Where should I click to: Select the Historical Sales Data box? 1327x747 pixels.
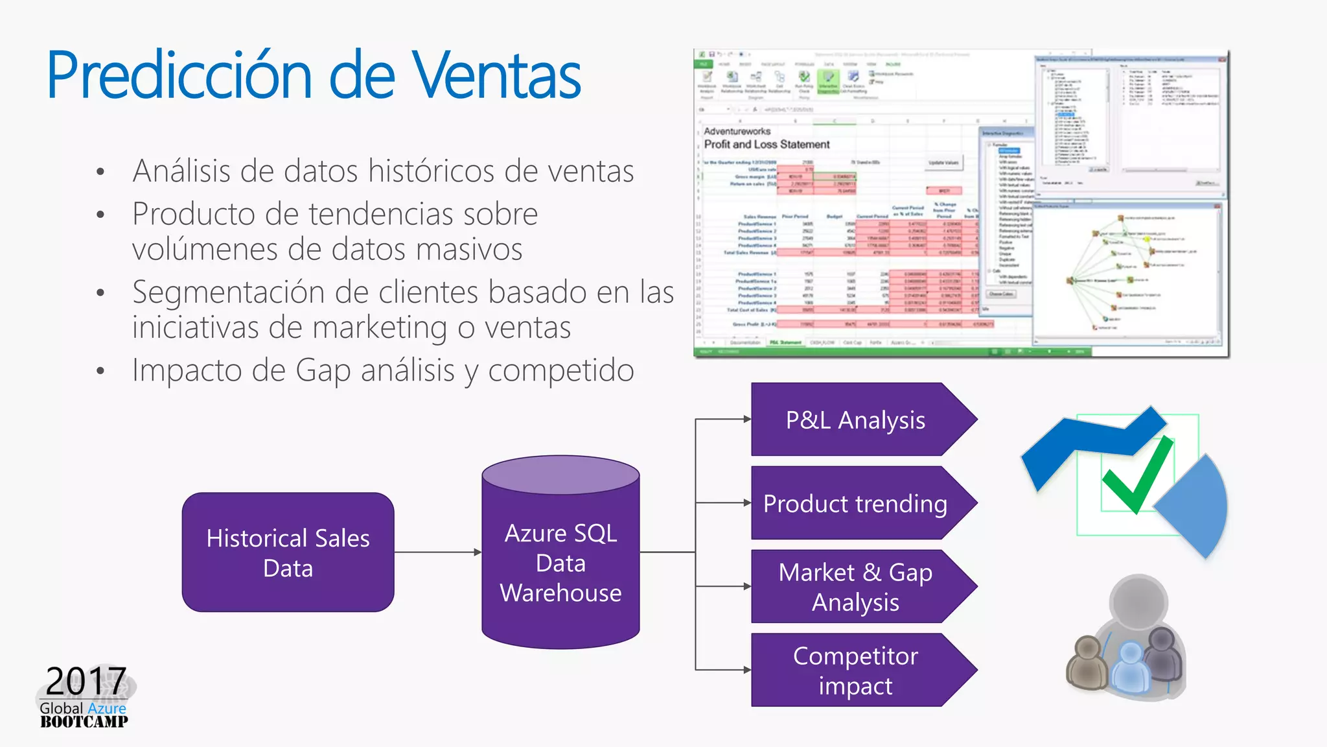click(x=288, y=552)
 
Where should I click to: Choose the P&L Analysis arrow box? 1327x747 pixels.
click(x=855, y=420)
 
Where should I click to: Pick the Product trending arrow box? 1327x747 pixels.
click(x=855, y=503)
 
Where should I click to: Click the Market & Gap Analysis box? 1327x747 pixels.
click(x=855, y=587)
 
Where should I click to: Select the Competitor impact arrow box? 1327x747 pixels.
click(x=855, y=670)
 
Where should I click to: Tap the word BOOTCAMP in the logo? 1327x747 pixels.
click(x=84, y=722)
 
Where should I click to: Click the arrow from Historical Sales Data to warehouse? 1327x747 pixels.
click(x=437, y=552)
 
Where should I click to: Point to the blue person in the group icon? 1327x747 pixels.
click(x=1131, y=668)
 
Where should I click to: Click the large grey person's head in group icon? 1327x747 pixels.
click(x=1138, y=602)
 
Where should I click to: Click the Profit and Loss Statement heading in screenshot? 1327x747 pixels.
click(x=767, y=145)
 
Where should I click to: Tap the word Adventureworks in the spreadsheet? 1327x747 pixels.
click(x=737, y=131)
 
